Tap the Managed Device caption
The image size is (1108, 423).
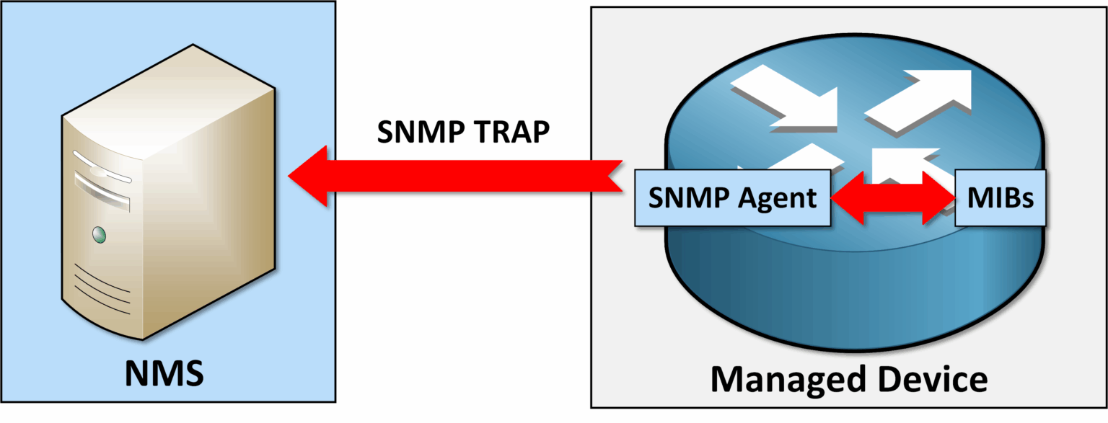click(x=848, y=378)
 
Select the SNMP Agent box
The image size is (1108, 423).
click(x=731, y=197)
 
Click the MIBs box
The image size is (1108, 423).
click(x=999, y=197)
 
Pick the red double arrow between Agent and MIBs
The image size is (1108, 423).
click(x=892, y=197)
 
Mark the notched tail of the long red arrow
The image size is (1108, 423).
click(x=613, y=176)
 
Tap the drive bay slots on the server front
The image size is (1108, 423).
click(x=102, y=177)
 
